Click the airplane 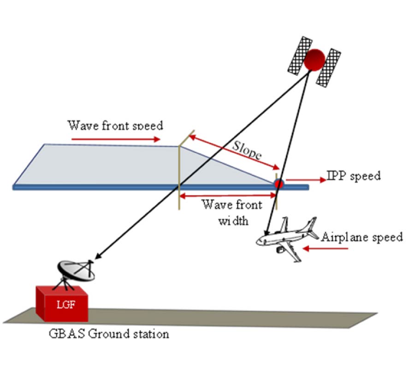pyautogui.click(x=286, y=238)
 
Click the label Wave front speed pyautogui.click(x=115, y=125)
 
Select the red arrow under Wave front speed pyautogui.click(x=116, y=138)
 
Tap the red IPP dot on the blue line pyautogui.click(x=278, y=184)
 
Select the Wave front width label pyautogui.click(x=231, y=212)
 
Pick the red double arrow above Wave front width pyautogui.click(x=227, y=196)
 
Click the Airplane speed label pyautogui.click(x=362, y=237)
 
